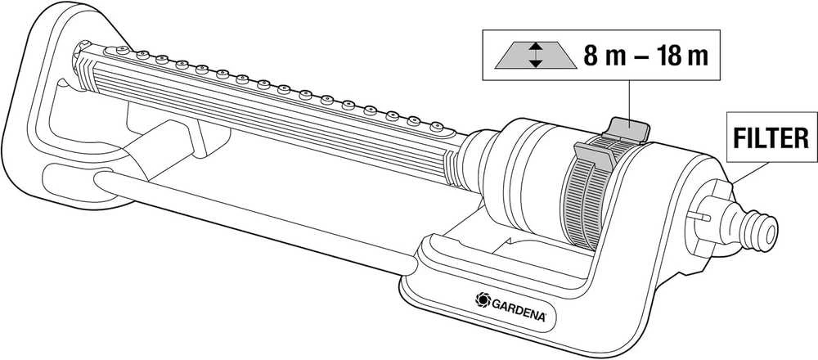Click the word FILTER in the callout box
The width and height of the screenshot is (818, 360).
click(x=771, y=138)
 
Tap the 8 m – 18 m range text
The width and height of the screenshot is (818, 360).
click(x=645, y=56)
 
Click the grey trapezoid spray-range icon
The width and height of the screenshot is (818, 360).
click(x=535, y=56)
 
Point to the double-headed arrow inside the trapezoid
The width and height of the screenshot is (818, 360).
click(x=536, y=56)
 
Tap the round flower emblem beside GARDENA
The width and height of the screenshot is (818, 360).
click(x=483, y=299)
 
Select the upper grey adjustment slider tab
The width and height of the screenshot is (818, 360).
click(x=629, y=128)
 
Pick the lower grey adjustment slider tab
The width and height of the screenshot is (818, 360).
click(x=595, y=155)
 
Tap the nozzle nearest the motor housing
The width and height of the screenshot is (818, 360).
click(x=436, y=126)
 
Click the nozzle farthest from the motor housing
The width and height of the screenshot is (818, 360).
click(x=122, y=50)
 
